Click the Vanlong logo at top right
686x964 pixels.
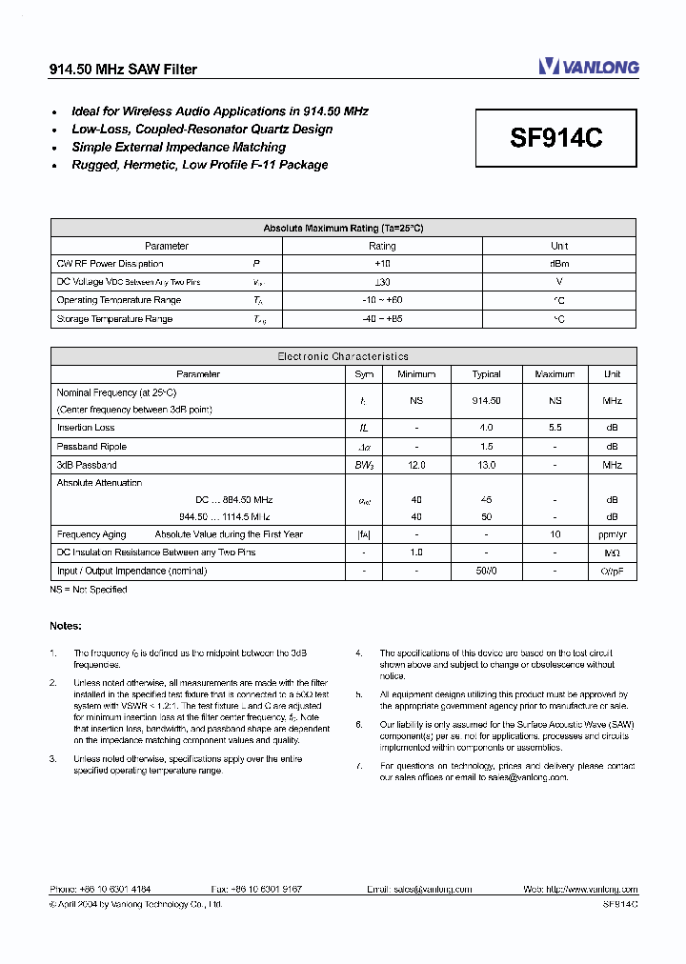pos(588,67)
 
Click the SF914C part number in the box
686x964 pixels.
pos(556,138)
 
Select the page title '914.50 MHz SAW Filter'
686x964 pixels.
pos(123,70)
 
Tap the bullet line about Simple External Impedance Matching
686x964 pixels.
pos(178,147)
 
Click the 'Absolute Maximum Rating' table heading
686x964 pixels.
pos(343,228)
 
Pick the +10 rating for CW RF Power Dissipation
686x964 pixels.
pos(382,264)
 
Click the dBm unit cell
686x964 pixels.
pos(559,264)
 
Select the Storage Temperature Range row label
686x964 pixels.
pos(114,319)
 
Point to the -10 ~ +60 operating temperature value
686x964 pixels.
pos(382,301)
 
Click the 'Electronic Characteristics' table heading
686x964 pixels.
pos(343,356)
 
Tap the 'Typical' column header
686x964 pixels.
pos(486,374)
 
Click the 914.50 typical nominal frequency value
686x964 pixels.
pos(486,401)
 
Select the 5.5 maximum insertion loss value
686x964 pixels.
pos(555,428)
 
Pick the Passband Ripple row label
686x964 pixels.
pos(91,447)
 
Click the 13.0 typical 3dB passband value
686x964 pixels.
pos(486,465)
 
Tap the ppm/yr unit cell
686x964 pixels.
pos(612,534)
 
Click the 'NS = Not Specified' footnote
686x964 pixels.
pos(88,590)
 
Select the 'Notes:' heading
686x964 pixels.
pos(66,626)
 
